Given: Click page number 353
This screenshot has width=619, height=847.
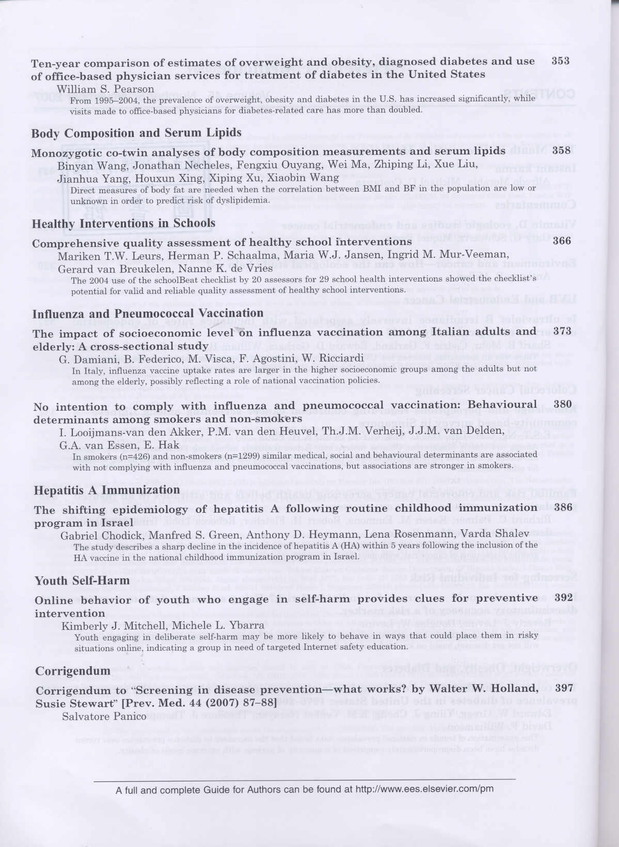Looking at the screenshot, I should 561,61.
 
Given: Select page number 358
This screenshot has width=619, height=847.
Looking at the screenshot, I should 561,151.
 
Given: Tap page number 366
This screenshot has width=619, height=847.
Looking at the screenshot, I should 562,241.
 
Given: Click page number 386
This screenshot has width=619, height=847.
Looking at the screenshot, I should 563,507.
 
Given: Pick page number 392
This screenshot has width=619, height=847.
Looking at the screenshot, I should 563,598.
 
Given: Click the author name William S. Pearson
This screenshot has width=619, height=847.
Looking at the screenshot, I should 105,89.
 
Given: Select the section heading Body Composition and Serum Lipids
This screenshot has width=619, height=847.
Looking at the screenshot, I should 136,133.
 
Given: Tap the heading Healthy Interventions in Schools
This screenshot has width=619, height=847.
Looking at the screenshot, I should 124,223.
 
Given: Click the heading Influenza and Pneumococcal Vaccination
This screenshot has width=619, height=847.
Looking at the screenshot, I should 148,313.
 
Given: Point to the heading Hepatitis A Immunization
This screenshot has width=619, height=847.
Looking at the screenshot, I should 107,489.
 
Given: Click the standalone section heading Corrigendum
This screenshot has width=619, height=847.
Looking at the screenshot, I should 73,671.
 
